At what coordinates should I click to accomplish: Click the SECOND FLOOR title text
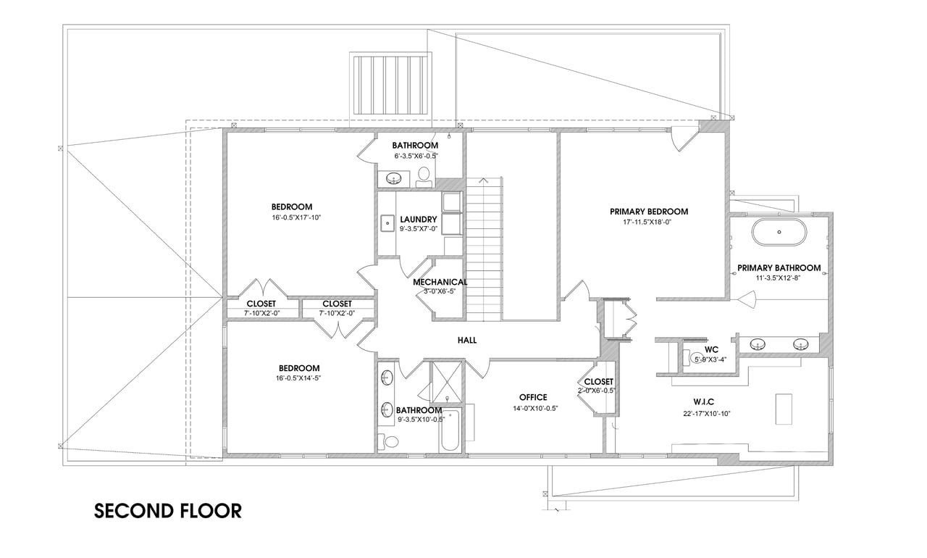coord(167,511)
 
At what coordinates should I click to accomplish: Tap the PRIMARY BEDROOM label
coord(649,212)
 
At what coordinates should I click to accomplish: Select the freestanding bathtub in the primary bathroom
coord(779,232)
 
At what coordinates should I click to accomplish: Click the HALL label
coord(467,341)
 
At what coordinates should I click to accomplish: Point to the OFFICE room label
coord(533,397)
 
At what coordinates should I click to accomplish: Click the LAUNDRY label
coord(419,220)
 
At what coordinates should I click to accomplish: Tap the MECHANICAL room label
coord(440,282)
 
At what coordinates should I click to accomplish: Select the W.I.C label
coord(703,401)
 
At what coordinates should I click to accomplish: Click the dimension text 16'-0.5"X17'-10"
coord(296,217)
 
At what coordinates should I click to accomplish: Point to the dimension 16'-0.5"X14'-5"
coord(298,378)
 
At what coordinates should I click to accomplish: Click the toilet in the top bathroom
coord(424,178)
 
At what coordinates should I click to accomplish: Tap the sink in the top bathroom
coord(393,179)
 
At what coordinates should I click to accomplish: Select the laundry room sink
coord(387,223)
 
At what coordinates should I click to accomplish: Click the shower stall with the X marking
coord(446,382)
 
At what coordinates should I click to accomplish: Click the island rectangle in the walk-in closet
coord(784,409)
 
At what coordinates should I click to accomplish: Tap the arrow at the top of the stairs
coord(483,180)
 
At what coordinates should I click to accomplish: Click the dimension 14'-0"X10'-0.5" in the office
coord(535,409)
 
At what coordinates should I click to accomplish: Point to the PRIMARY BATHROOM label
coord(779,268)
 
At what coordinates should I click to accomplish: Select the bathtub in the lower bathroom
coord(450,430)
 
